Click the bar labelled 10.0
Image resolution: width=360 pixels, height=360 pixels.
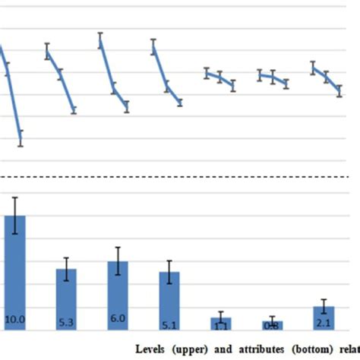coord(15,273)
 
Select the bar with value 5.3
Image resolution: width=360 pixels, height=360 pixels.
coord(67,299)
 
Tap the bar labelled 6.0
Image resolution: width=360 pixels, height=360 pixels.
coord(118,295)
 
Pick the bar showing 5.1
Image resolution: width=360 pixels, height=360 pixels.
coord(169,301)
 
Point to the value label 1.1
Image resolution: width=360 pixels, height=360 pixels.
coord(220,326)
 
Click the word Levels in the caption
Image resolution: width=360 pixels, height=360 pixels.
coord(154,350)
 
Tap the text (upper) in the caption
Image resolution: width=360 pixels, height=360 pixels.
coord(194,350)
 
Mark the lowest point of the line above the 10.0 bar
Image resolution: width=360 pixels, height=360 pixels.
coord(21,137)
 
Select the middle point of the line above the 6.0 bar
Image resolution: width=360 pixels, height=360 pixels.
coord(114,88)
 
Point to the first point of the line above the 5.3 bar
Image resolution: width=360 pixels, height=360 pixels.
coord(47,52)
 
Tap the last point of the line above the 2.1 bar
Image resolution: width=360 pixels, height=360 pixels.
coord(339,91)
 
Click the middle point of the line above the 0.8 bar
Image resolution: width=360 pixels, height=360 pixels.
coord(273,77)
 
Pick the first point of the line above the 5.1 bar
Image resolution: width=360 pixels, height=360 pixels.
coord(153,47)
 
